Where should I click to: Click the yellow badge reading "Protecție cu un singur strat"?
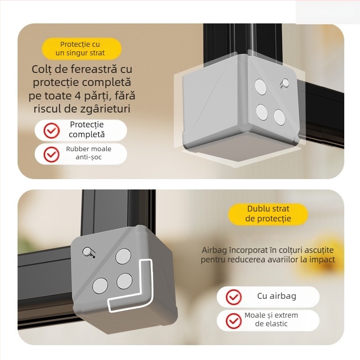coord(81,49)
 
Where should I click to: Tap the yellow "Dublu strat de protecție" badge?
coord(268,214)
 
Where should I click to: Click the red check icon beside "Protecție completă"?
coord(51,130)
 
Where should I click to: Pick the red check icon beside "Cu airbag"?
coord(234,297)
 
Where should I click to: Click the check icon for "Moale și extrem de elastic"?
coord(234,320)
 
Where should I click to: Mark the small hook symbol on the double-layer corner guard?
coord(89,253)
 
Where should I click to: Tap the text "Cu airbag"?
coord(276,296)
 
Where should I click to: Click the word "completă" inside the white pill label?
coord(87,134)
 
